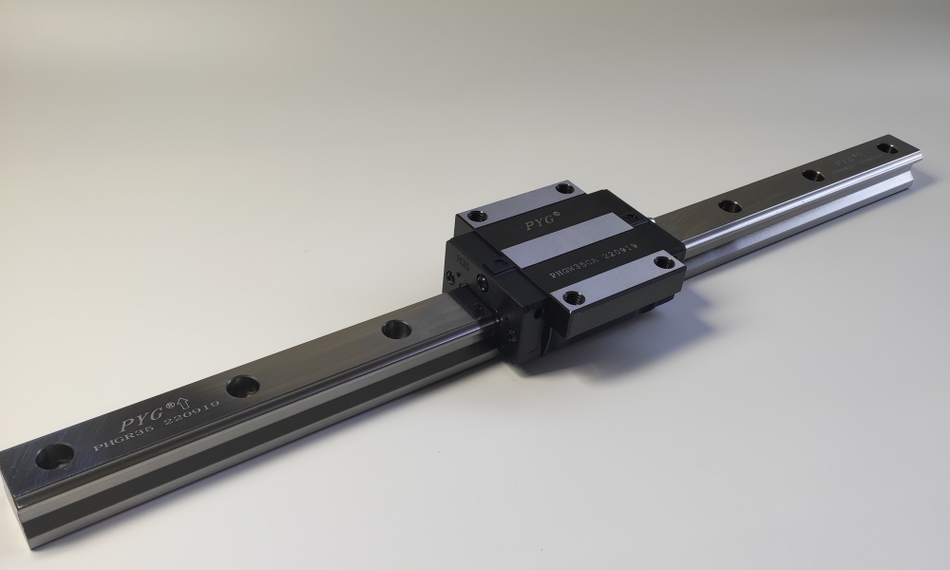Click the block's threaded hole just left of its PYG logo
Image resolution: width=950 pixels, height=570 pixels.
(478, 218)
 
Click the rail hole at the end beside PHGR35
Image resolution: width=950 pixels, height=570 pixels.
(53, 455)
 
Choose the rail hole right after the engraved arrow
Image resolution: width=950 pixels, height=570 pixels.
(242, 386)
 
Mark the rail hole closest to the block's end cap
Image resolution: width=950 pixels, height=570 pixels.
(395, 329)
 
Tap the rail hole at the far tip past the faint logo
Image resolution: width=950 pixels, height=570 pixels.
(886, 147)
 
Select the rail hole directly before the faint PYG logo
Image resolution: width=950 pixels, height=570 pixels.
(813, 174)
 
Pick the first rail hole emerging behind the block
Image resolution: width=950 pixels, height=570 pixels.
(730, 204)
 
